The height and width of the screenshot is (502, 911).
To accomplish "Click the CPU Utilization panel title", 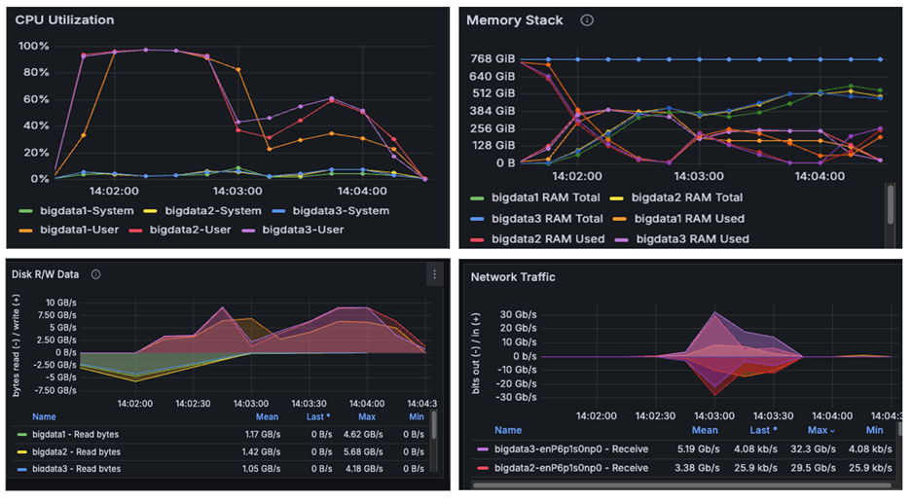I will coord(64,19).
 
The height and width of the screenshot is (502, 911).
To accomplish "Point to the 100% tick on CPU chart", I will coord(33,46).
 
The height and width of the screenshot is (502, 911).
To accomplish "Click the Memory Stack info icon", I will coord(587,20).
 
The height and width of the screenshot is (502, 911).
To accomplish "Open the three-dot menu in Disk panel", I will coord(434,275).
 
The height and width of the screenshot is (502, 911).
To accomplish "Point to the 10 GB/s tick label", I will coord(47,302).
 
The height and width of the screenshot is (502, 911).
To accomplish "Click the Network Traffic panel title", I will coord(513,277).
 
